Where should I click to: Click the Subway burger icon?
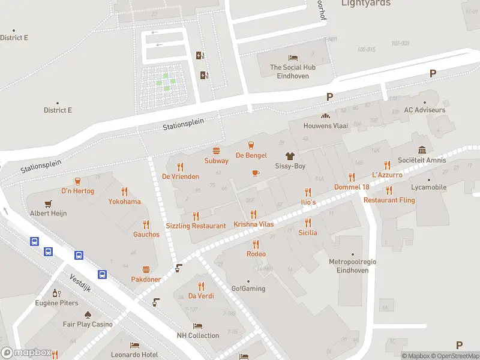[216, 151]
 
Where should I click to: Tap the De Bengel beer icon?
[251, 145]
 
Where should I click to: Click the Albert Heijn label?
[49, 213]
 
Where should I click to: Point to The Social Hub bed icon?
[293, 58]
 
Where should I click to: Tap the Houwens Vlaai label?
[326, 126]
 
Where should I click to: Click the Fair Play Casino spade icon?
[88, 314]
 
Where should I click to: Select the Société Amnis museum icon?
[422, 150]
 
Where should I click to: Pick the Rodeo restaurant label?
[256, 254]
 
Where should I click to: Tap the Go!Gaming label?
[248, 289]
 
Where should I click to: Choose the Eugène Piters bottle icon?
[56, 293]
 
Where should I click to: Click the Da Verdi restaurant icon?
[201, 286]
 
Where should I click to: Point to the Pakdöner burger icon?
[145, 270]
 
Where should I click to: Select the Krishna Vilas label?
[254, 224]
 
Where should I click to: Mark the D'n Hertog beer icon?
[77, 181]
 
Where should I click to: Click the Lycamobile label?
[429, 187]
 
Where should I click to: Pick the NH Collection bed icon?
[198, 325]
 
